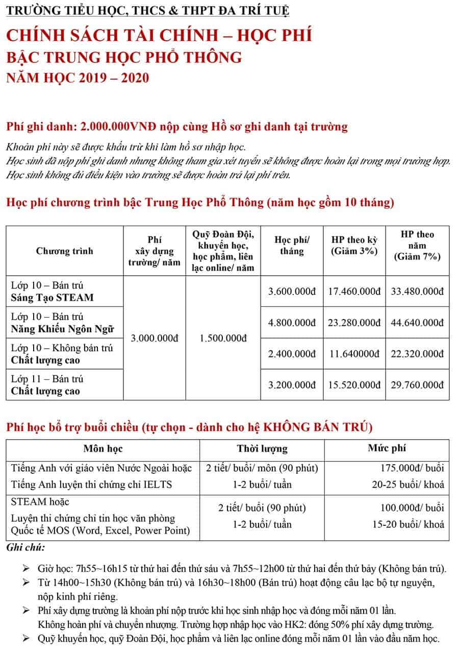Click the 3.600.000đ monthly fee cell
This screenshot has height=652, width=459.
pyautogui.click(x=292, y=291)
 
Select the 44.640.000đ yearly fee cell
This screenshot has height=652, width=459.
pyautogui.click(x=417, y=322)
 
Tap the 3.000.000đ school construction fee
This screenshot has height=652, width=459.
pyautogui.click(x=155, y=338)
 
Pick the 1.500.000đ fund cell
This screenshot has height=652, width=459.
pyautogui.click(x=223, y=338)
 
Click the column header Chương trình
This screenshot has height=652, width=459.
pyautogui.click(x=65, y=251)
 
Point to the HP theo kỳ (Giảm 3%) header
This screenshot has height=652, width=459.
pyautogui.click(x=354, y=245)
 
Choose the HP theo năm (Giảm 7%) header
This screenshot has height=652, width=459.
pyautogui.click(x=417, y=245)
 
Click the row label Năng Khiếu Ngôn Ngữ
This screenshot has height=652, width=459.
pyautogui.click(x=62, y=329)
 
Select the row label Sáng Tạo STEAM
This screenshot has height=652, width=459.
pyautogui.click(x=52, y=297)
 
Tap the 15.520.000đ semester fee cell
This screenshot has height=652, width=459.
pyautogui.click(x=354, y=384)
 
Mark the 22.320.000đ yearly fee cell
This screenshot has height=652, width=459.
pyautogui.click(x=417, y=353)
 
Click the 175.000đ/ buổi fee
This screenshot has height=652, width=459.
pyautogui.click(x=412, y=468)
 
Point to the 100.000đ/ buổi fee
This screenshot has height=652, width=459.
pyautogui.click(x=412, y=508)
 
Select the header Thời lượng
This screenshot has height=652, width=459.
pyautogui.click(x=262, y=449)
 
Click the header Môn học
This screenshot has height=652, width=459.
pyautogui.click(x=103, y=449)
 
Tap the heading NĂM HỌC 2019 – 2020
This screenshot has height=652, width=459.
pyautogui.click(x=78, y=78)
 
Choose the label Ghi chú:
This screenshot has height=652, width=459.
pyautogui.click(x=25, y=548)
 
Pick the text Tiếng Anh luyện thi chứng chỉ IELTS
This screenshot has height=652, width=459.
pyautogui.click(x=91, y=484)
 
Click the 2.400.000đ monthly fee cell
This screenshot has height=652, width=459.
pyautogui.click(x=292, y=353)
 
